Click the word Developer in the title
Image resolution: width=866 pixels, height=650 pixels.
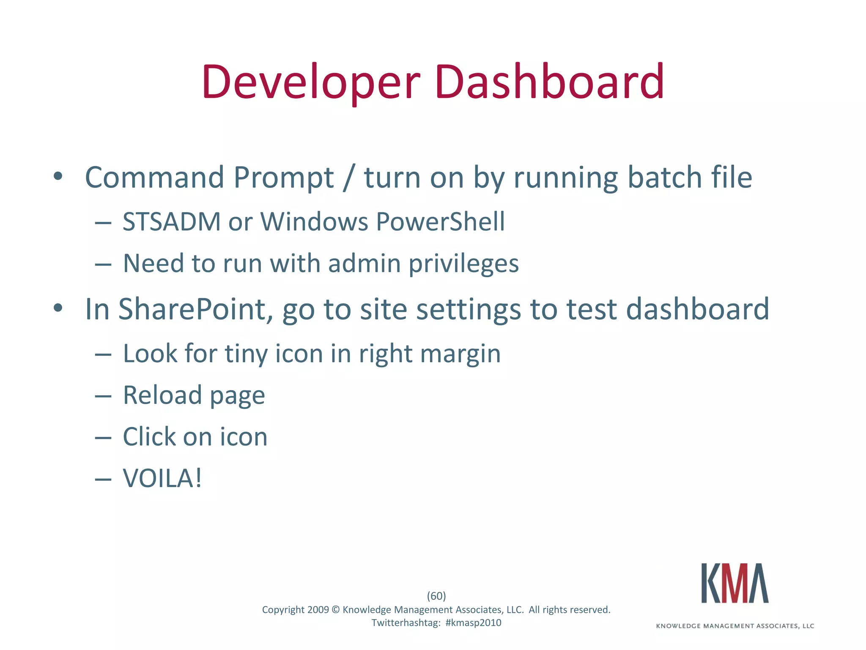pyautogui.click(x=311, y=82)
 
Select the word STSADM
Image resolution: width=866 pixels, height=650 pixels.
pyautogui.click(x=171, y=221)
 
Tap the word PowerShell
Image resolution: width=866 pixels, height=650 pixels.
pyautogui.click(x=440, y=221)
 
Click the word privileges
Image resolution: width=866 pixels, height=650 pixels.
pyautogui.click(x=463, y=264)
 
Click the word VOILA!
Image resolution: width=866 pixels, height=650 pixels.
pyautogui.click(x=162, y=479)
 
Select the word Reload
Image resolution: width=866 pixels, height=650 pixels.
pyautogui.click(x=162, y=395)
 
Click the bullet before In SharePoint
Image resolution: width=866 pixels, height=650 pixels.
pyautogui.click(x=58, y=308)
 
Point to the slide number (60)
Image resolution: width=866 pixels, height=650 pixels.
pyautogui.click(x=436, y=596)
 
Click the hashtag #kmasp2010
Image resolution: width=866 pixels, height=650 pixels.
pyautogui.click(x=473, y=623)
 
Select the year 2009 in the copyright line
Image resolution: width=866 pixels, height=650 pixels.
pyautogui.click(x=318, y=610)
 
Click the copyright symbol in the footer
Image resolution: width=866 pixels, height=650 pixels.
pyautogui.click(x=336, y=610)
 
